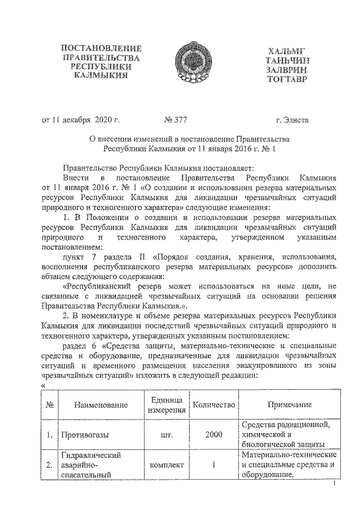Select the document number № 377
pos(175,119)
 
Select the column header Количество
pos(213,404)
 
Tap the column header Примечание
pos(289,404)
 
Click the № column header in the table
pos(49,404)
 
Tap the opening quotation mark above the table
pos(44,386)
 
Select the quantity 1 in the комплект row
pos(214,465)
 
